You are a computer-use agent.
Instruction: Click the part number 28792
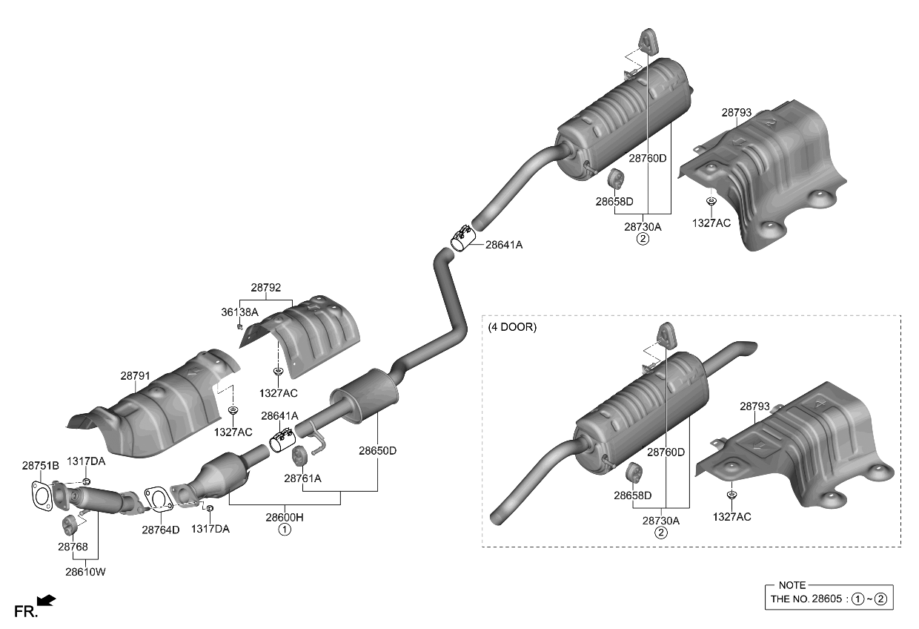pyautogui.click(x=265, y=288)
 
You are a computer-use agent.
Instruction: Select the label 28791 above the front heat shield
pyautogui.click(x=136, y=376)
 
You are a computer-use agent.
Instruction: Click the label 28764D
pyautogui.click(x=161, y=530)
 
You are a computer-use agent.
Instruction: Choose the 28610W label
pyautogui.click(x=85, y=572)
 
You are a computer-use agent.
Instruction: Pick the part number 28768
pyautogui.click(x=73, y=547)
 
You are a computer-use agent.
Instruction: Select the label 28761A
pyautogui.click(x=302, y=478)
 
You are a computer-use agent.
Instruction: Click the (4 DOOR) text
pyautogui.click(x=513, y=326)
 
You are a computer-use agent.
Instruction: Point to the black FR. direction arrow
pyautogui.click(x=46, y=601)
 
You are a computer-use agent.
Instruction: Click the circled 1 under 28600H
pyautogui.click(x=285, y=530)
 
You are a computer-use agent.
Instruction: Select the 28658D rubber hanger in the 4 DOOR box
pyautogui.click(x=634, y=472)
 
